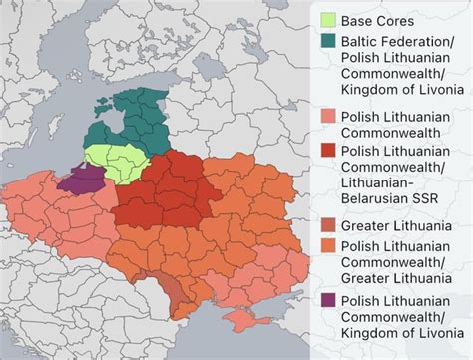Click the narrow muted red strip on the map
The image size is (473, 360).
(174, 290)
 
